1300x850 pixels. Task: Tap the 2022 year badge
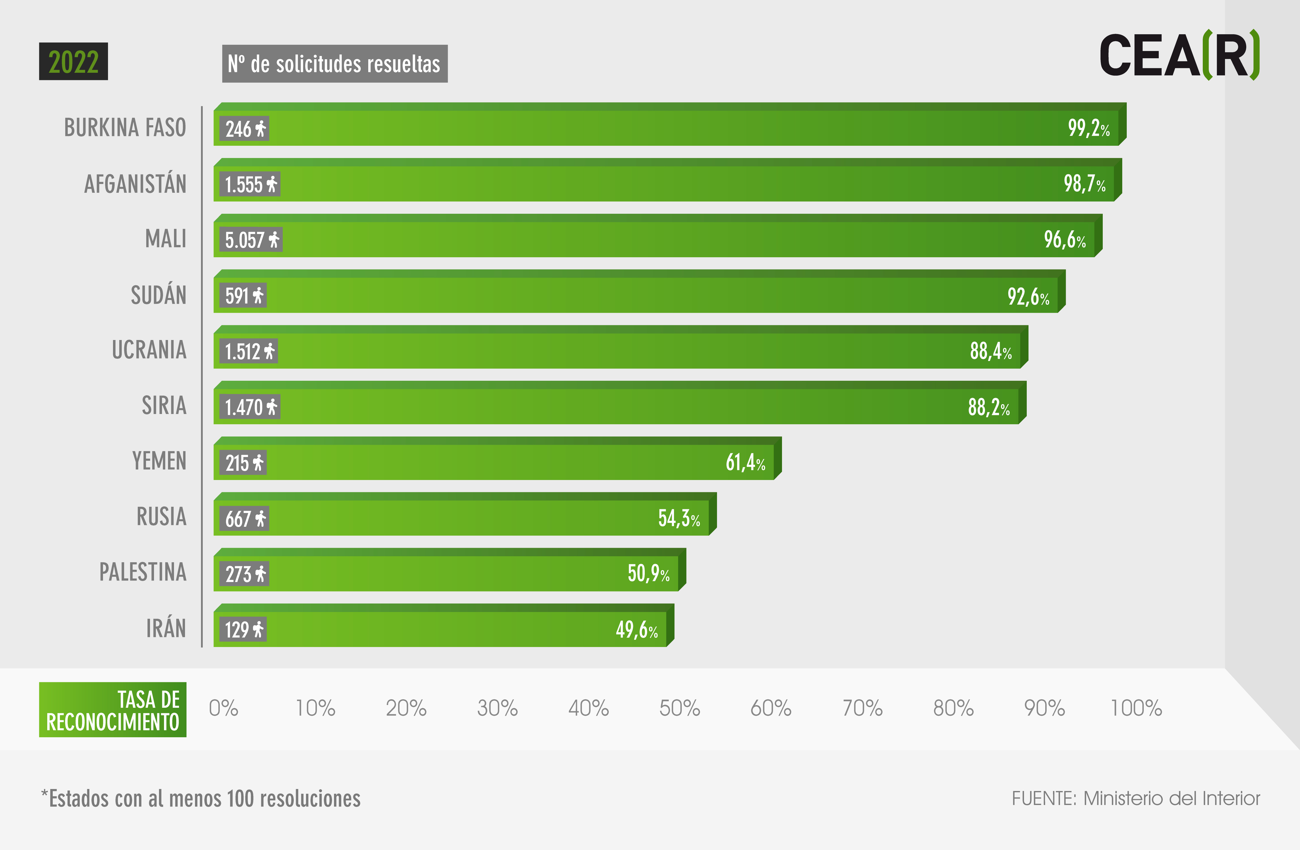(x=73, y=61)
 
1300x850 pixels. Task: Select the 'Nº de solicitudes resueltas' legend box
(x=335, y=63)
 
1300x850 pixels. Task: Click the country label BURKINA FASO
(x=125, y=127)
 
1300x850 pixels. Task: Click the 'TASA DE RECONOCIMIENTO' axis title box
(x=112, y=709)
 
